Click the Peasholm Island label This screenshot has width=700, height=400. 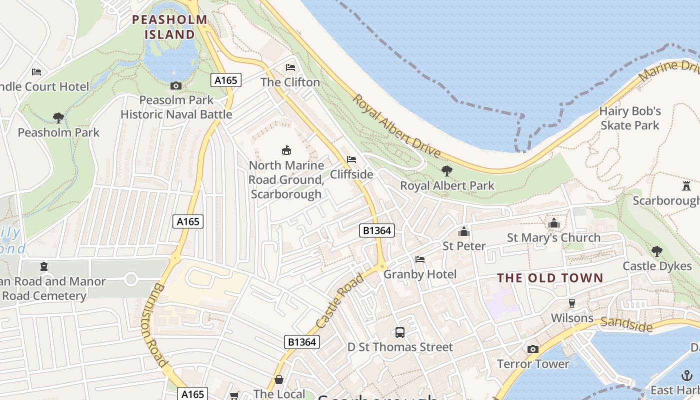click(x=169, y=27)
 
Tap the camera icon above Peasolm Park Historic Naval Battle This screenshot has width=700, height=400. click(x=175, y=85)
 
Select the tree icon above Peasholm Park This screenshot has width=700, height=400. click(x=58, y=118)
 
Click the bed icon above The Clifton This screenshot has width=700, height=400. click(x=290, y=67)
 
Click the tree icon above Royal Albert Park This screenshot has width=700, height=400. click(x=447, y=171)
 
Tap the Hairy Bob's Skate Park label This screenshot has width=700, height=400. click(x=630, y=118)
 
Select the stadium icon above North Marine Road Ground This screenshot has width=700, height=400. click(x=286, y=150)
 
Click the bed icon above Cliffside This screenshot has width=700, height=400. click(x=351, y=159)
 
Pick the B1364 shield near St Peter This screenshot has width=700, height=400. click(x=377, y=230)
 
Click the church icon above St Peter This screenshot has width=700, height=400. click(x=464, y=231)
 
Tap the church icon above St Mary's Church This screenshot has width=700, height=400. click(x=554, y=223)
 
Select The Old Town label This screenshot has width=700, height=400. click(x=550, y=278)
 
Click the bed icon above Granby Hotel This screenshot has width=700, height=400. click(x=420, y=259)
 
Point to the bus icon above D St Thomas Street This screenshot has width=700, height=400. click(x=400, y=332)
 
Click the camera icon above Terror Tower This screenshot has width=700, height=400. click(x=533, y=349)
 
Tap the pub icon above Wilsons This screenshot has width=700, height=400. click(x=572, y=303)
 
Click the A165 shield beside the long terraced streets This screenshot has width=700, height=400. click(x=188, y=221)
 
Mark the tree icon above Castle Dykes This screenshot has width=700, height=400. click(x=657, y=251)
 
